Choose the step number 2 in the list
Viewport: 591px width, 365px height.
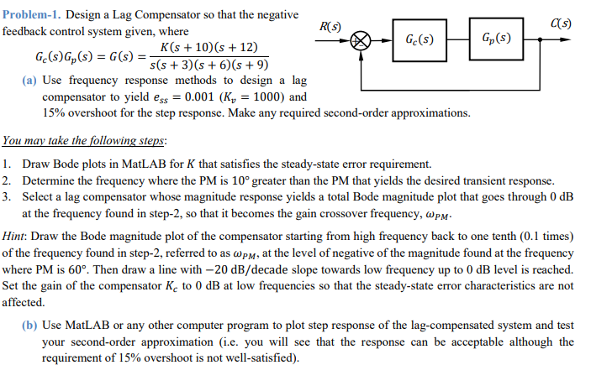coord(6,180)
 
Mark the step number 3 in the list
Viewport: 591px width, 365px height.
coord(6,196)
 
